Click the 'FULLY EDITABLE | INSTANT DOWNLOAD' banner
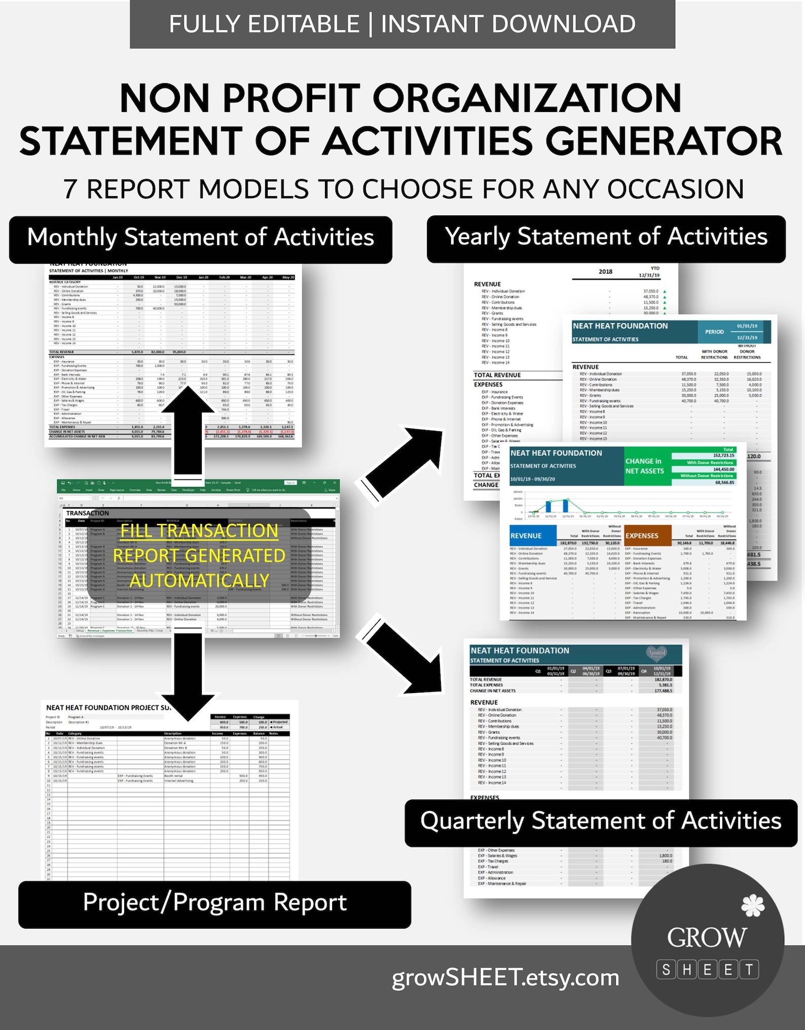coord(402,24)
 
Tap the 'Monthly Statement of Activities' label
coord(201,238)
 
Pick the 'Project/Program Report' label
coord(214,903)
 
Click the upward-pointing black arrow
coord(189,431)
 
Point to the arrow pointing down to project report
coord(189,674)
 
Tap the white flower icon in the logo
coord(753,906)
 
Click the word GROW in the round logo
coord(707,937)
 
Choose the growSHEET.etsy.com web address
coord(505,977)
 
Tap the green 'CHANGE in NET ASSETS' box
coord(644,466)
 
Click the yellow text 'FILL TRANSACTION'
coord(199,531)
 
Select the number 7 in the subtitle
coord(70,189)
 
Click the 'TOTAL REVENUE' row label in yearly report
coord(497,375)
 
